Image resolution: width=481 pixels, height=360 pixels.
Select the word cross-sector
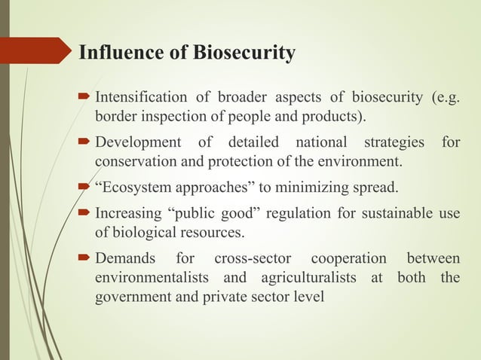tap(247, 259)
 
